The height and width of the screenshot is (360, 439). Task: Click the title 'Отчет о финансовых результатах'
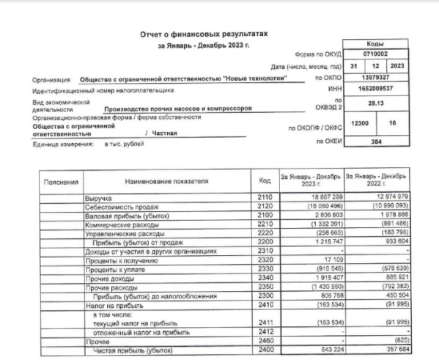tap(199, 34)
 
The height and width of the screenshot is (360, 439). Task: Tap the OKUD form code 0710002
tap(381, 55)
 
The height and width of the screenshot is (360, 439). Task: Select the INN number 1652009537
tap(381, 89)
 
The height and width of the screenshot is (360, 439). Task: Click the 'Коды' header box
tap(381, 45)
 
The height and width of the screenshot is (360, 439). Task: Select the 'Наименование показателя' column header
tap(166, 180)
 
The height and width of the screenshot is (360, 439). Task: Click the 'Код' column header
tap(265, 180)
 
